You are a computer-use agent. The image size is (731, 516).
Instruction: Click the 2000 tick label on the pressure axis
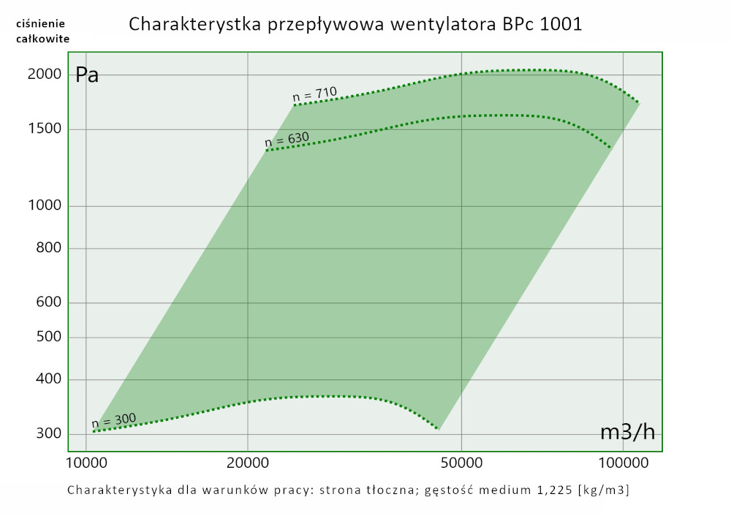pos(43,75)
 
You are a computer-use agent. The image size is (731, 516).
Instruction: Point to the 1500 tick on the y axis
pos(43,130)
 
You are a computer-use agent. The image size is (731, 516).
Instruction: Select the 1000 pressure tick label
pos(43,206)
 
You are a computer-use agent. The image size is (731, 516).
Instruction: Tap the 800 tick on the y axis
pos(48,248)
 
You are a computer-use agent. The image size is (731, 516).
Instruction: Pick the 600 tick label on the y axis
pos(48,303)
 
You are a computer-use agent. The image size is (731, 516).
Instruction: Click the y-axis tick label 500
pos(48,338)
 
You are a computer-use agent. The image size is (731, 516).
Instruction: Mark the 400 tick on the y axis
pos(48,379)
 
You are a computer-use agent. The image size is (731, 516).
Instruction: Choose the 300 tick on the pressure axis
pos(48,434)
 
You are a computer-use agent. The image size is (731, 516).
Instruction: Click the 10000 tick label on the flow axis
pos(86,463)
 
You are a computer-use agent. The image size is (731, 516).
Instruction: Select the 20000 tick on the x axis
pos(248,463)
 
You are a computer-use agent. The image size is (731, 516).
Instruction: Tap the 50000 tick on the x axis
pos(462,463)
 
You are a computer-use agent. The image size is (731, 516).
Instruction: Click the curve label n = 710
pos(314,94)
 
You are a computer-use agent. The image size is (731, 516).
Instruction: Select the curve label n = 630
pos(287,138)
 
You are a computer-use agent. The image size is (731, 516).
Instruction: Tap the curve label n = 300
pos(113,421)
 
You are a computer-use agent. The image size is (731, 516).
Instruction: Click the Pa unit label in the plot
pos(87,75)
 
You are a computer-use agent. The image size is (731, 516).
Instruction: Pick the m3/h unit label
pos(627,433)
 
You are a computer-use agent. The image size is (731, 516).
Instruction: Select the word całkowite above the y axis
pos(42,39)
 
